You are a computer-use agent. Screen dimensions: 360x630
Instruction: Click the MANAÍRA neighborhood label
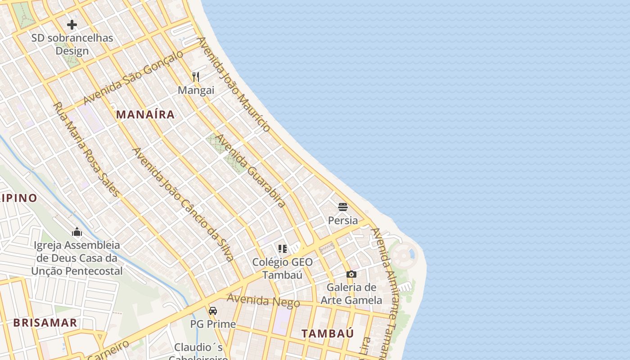145,114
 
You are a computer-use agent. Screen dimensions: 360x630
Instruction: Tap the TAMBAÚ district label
328,333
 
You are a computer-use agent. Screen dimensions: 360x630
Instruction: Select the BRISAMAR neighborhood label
45,323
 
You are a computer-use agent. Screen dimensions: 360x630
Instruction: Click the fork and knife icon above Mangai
196,77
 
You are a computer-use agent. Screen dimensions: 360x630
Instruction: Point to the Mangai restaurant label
196,90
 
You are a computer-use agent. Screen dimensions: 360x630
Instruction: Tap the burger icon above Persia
343,207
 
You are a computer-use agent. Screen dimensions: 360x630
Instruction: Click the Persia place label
343,220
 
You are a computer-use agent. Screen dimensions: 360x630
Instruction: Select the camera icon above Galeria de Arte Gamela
351,274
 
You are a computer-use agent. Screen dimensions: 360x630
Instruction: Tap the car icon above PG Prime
213,310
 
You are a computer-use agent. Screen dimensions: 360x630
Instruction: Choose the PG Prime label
213,324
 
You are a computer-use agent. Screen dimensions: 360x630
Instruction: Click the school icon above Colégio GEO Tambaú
283,248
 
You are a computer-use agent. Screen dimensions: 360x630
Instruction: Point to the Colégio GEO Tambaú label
282,268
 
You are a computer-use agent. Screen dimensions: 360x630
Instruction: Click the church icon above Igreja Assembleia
77,232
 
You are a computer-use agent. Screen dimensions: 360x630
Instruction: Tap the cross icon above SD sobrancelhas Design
72,25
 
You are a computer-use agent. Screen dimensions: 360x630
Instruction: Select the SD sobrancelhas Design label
72,44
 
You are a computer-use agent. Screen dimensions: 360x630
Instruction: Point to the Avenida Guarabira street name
250,171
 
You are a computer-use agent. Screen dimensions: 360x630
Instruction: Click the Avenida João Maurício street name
234,84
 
